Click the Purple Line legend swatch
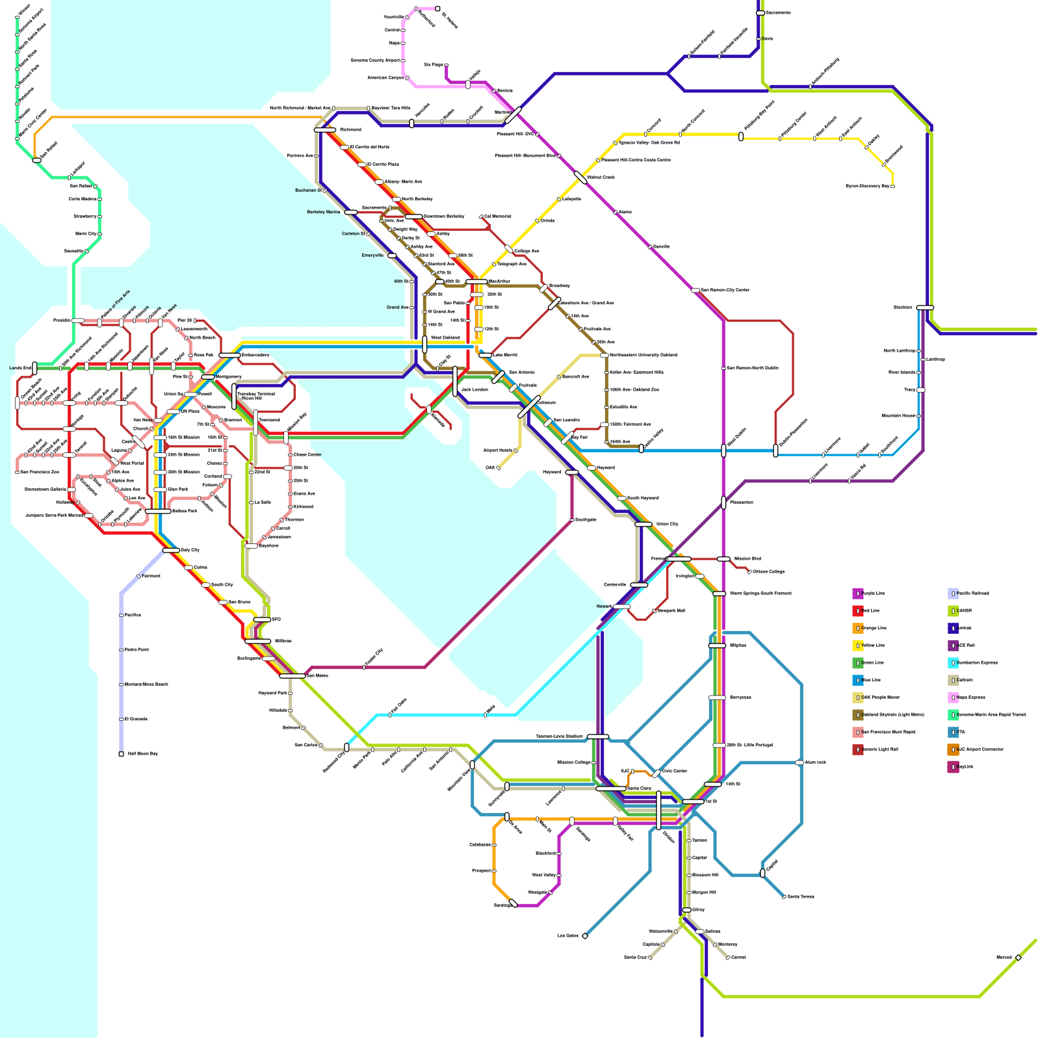(857, 593)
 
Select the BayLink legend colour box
(953, 767)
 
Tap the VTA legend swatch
(953, 733)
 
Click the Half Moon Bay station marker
(121, 754)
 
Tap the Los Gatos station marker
(585, 936)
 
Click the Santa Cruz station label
(635, 957)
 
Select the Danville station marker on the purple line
(649, 247)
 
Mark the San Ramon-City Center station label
(725, 290)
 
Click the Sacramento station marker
(760, 13)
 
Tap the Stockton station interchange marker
(925, 307)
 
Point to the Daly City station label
(190, 551)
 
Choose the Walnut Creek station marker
(580, 177)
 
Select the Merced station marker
(1018, 957)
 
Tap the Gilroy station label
(698, 910)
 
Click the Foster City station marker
(364, 668)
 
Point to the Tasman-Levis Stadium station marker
(598, 736)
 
